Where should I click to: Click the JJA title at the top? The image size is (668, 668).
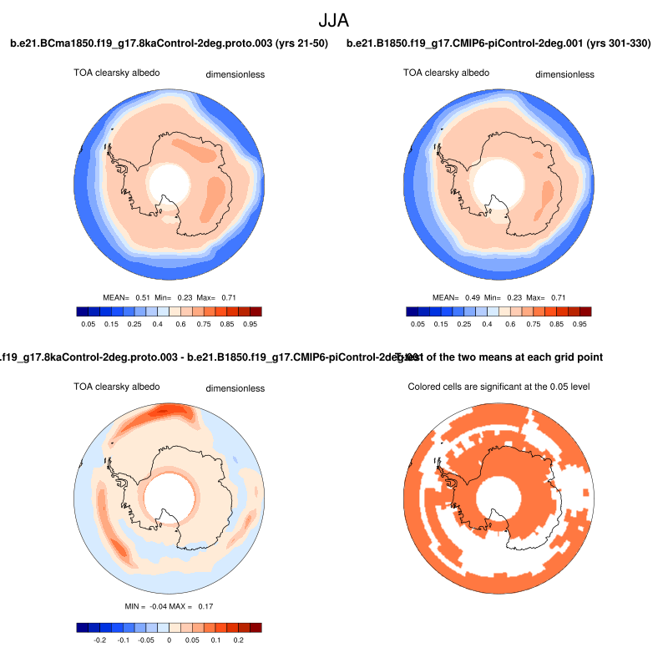(333, 19)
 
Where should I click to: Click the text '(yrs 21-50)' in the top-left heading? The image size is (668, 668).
(300, 43)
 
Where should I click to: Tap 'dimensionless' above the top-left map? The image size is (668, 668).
(235, 74)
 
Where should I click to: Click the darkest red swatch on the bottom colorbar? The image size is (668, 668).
(255, 627)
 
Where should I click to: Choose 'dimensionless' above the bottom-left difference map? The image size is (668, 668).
(235, 388)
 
